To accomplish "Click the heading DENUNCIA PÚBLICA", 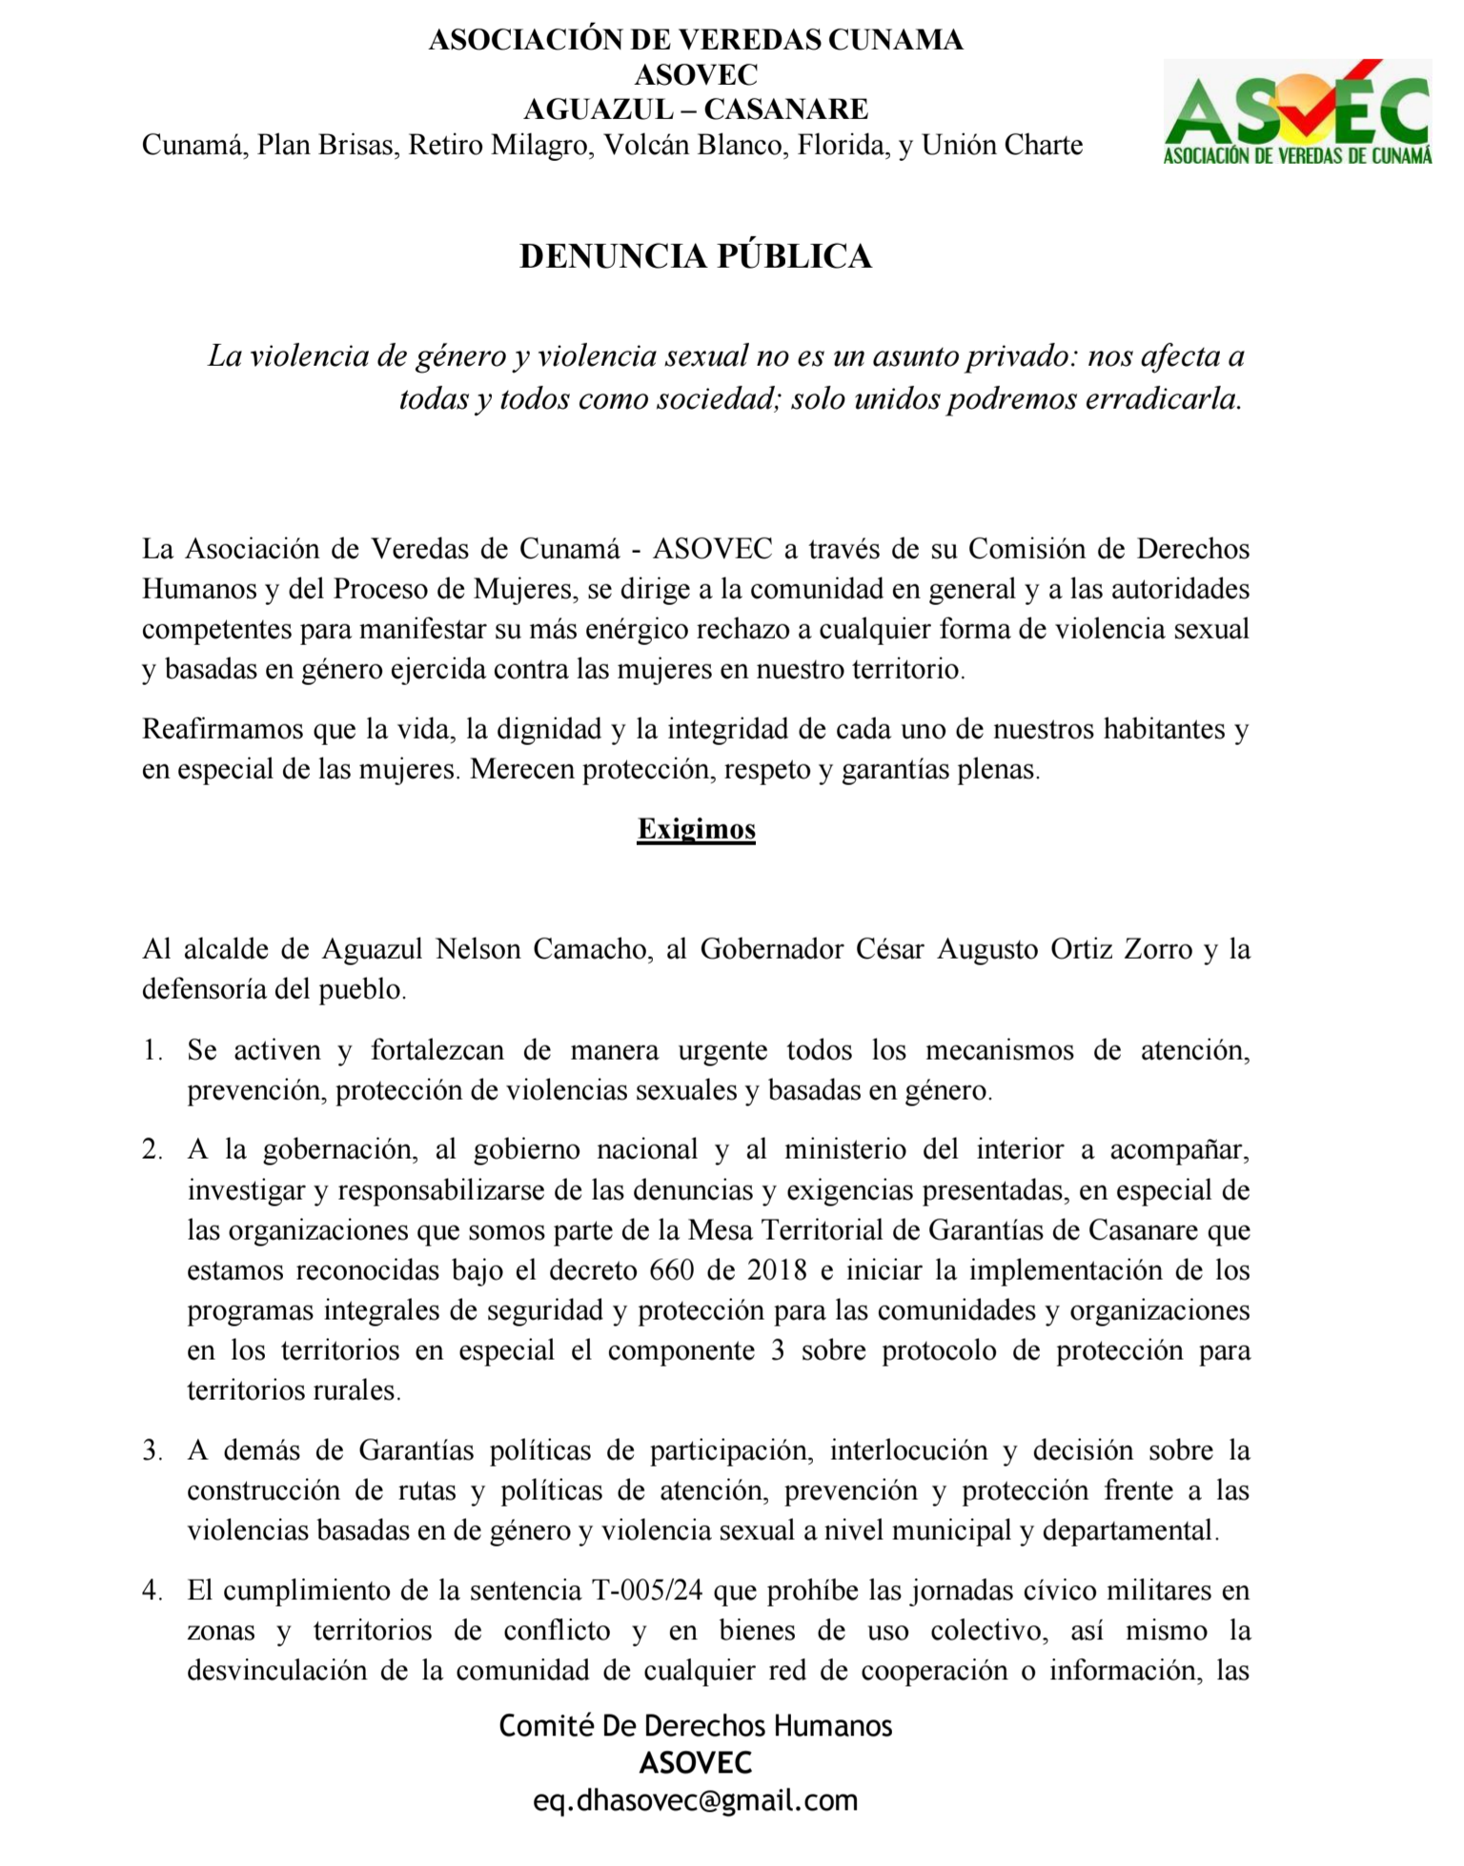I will [x=696, y=256].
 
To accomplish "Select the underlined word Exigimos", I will [x=696, y=829].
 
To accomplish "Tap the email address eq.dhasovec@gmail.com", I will [x=696, y=1800].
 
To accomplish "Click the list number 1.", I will [x=152, y=1050].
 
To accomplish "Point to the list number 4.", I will [x=152, y=1591].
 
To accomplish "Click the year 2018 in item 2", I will [x=777, y=1270].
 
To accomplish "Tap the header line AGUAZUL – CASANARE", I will [x=696, y=110].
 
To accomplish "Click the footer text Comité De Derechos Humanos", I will [x=696, y=1726].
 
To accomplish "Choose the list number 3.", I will [x=152, y=1450].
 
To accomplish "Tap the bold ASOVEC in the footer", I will [x=696, y=1763].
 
